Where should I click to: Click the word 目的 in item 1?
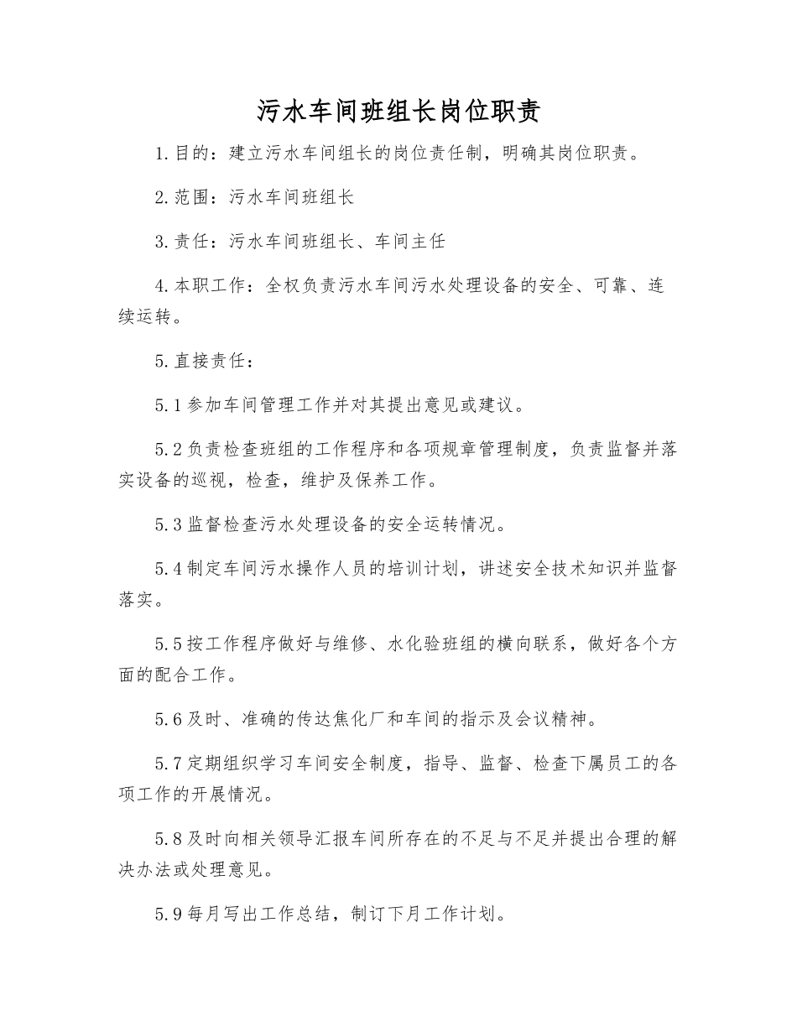[x=192, y=154]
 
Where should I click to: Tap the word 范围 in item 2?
[x=192, y=198]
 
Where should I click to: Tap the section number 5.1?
[x=168, y=406]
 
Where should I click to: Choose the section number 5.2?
[x=168, y=450]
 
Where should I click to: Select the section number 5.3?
[x=168, y=525]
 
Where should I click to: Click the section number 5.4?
[x=168, y=569]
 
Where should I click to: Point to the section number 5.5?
[x=168, y=644]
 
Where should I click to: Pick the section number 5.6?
[x=168, y=720]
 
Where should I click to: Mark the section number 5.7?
[x=168, y=764]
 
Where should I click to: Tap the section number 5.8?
[x=168, y=839]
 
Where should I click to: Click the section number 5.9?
[x=168, y=915]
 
